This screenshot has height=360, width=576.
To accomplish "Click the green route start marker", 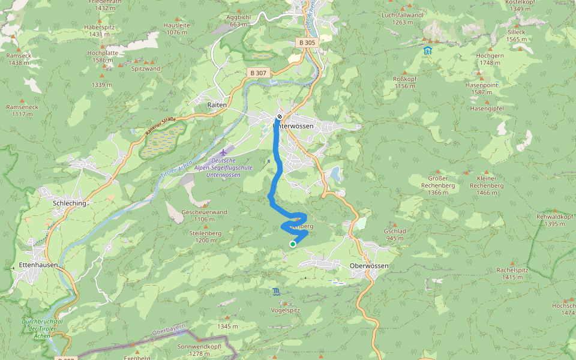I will (292, 244).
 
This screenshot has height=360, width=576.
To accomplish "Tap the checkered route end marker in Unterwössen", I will (280, 116).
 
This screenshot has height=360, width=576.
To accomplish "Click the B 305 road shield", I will (307, 43).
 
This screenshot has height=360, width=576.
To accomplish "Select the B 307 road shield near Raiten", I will (259, 73).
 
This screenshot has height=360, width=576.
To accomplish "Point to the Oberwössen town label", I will (369, 266).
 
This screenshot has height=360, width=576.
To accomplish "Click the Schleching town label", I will (70, 203).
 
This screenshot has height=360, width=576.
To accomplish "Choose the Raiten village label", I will (217, 104).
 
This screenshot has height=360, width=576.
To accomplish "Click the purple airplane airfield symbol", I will (224, 152).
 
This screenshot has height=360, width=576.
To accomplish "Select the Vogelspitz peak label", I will (285, 310).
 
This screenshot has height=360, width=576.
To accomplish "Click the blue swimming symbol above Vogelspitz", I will (275, 292).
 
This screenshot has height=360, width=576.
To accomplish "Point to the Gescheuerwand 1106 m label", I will (204, 215).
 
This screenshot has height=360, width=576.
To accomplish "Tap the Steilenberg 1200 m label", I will (205, 236).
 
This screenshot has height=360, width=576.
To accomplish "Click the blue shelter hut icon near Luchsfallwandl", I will (427, 50).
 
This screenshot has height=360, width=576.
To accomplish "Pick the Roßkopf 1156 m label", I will (404, 82).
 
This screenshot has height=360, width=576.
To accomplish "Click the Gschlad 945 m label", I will (395, 235).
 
